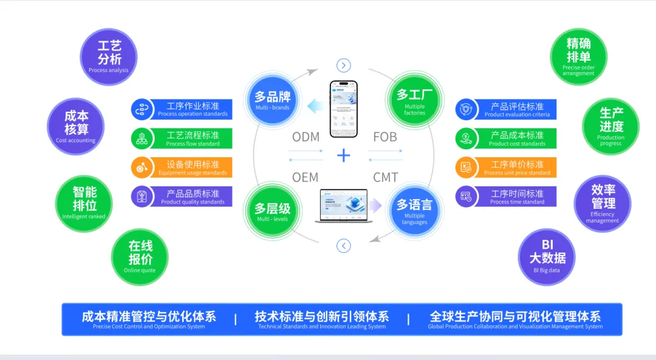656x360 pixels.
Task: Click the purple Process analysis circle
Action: (x=109, y=56)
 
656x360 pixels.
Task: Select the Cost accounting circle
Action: (x=76, y=126)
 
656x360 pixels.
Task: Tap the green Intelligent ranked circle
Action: (x=84, y=203)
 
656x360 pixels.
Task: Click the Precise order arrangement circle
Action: (x=578, y=56)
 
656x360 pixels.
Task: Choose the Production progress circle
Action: (x=610, y=126)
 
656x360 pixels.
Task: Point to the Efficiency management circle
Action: (x=602, y=203)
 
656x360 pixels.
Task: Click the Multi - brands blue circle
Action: (x=272, y=100)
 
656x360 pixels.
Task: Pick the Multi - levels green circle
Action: (x=272, y=212)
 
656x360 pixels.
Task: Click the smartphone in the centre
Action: (x=344, y=109)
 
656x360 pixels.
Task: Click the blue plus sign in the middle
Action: (x=344, y=155)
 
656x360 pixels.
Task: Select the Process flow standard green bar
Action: (x=182, y=138)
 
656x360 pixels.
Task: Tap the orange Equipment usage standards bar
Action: (x=182, y=168)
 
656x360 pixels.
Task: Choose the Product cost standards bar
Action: (x=506, y=138)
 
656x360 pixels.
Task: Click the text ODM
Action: (x=306, y=137)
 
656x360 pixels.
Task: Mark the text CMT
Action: (x=385, y=177)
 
